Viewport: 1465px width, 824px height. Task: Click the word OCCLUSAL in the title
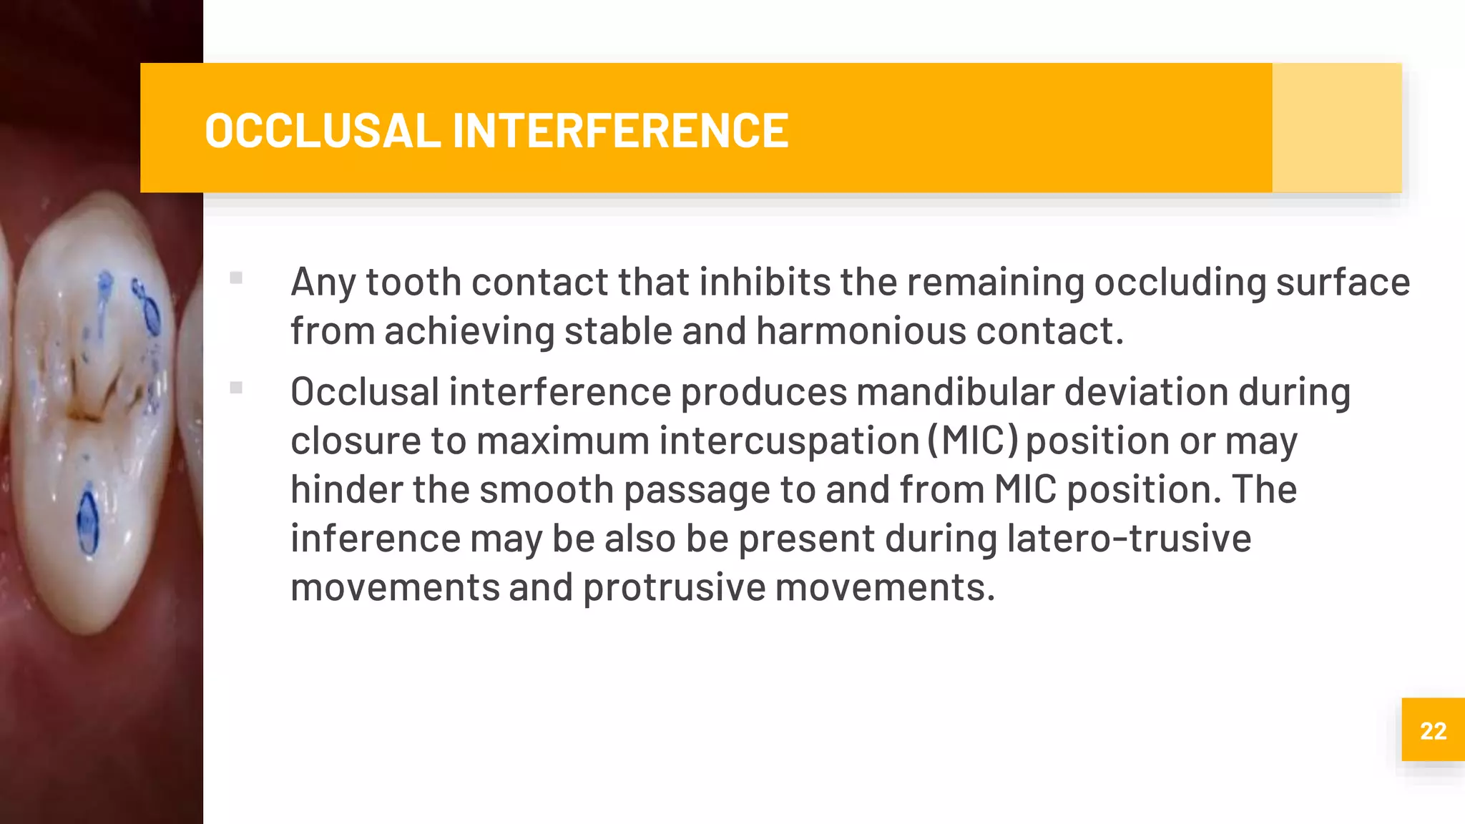(322, 131)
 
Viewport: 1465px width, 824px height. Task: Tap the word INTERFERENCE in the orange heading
(620, 131)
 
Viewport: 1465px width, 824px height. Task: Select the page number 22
(1433, 731)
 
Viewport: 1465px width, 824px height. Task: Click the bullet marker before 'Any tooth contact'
(236, 278)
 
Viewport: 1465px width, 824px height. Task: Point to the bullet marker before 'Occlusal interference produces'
(236, 388)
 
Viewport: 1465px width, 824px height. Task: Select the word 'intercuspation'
(788, 441)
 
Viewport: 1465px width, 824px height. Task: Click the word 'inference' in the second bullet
(375, 538)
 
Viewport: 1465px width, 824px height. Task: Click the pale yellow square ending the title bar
(1336, 128)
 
